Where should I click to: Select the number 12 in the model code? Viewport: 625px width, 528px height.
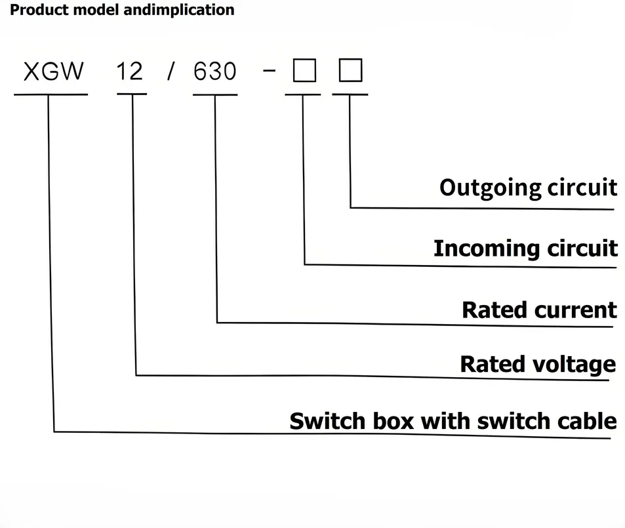(129, 70)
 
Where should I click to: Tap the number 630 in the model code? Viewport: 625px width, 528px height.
(215, 71)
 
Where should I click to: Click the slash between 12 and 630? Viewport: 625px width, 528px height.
(171, 71)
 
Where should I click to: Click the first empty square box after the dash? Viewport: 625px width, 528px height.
(304, 70)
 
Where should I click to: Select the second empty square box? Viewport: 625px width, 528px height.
(350, 70)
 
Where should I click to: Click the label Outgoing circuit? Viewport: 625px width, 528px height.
(528, 188)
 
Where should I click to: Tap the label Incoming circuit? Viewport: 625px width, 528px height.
(525, 249)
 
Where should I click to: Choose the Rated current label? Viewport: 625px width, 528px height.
(539, 310)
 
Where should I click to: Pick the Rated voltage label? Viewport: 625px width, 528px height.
(538, 364)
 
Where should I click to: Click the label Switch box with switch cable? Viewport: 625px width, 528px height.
(453, 420)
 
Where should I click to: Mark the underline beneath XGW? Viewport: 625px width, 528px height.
(50, 94)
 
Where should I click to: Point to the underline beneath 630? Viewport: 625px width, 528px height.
(215, 95)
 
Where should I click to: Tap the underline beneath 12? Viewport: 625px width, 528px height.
(131, 94)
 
